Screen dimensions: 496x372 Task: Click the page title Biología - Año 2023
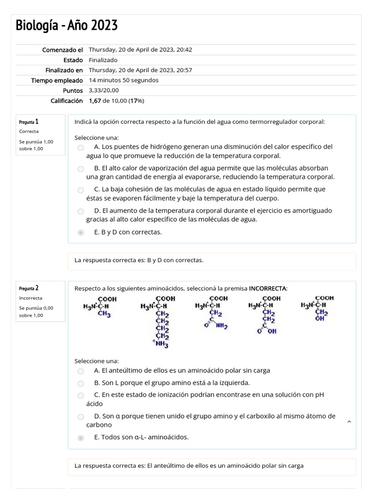click(66, 25)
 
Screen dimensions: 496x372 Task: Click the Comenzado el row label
click(62, 50)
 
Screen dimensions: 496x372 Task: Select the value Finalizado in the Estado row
click(103, 60)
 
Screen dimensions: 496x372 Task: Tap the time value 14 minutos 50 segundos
click(124, 80)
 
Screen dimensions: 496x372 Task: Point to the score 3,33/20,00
click(104, 91)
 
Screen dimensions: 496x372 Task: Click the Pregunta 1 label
click(29, 122)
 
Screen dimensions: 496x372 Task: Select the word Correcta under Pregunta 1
click(29, 131)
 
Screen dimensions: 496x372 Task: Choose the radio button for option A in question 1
click(81, 147)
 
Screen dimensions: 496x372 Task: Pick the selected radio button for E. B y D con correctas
click(81, 232)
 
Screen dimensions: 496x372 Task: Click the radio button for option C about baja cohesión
click(81, 190)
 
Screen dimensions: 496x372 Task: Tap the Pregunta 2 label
click(29, 288)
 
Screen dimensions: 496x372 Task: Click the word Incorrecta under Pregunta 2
click(31, 298)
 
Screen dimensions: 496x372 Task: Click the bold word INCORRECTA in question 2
click(267, 289)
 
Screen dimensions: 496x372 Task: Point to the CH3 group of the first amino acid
click(105, 314)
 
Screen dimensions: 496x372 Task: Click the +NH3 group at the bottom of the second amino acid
click(161, 344)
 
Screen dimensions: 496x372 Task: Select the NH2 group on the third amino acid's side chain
click(222, 327)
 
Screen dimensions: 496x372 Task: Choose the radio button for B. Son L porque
click(81, 383)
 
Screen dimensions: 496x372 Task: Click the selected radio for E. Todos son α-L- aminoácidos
click(81, 438)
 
